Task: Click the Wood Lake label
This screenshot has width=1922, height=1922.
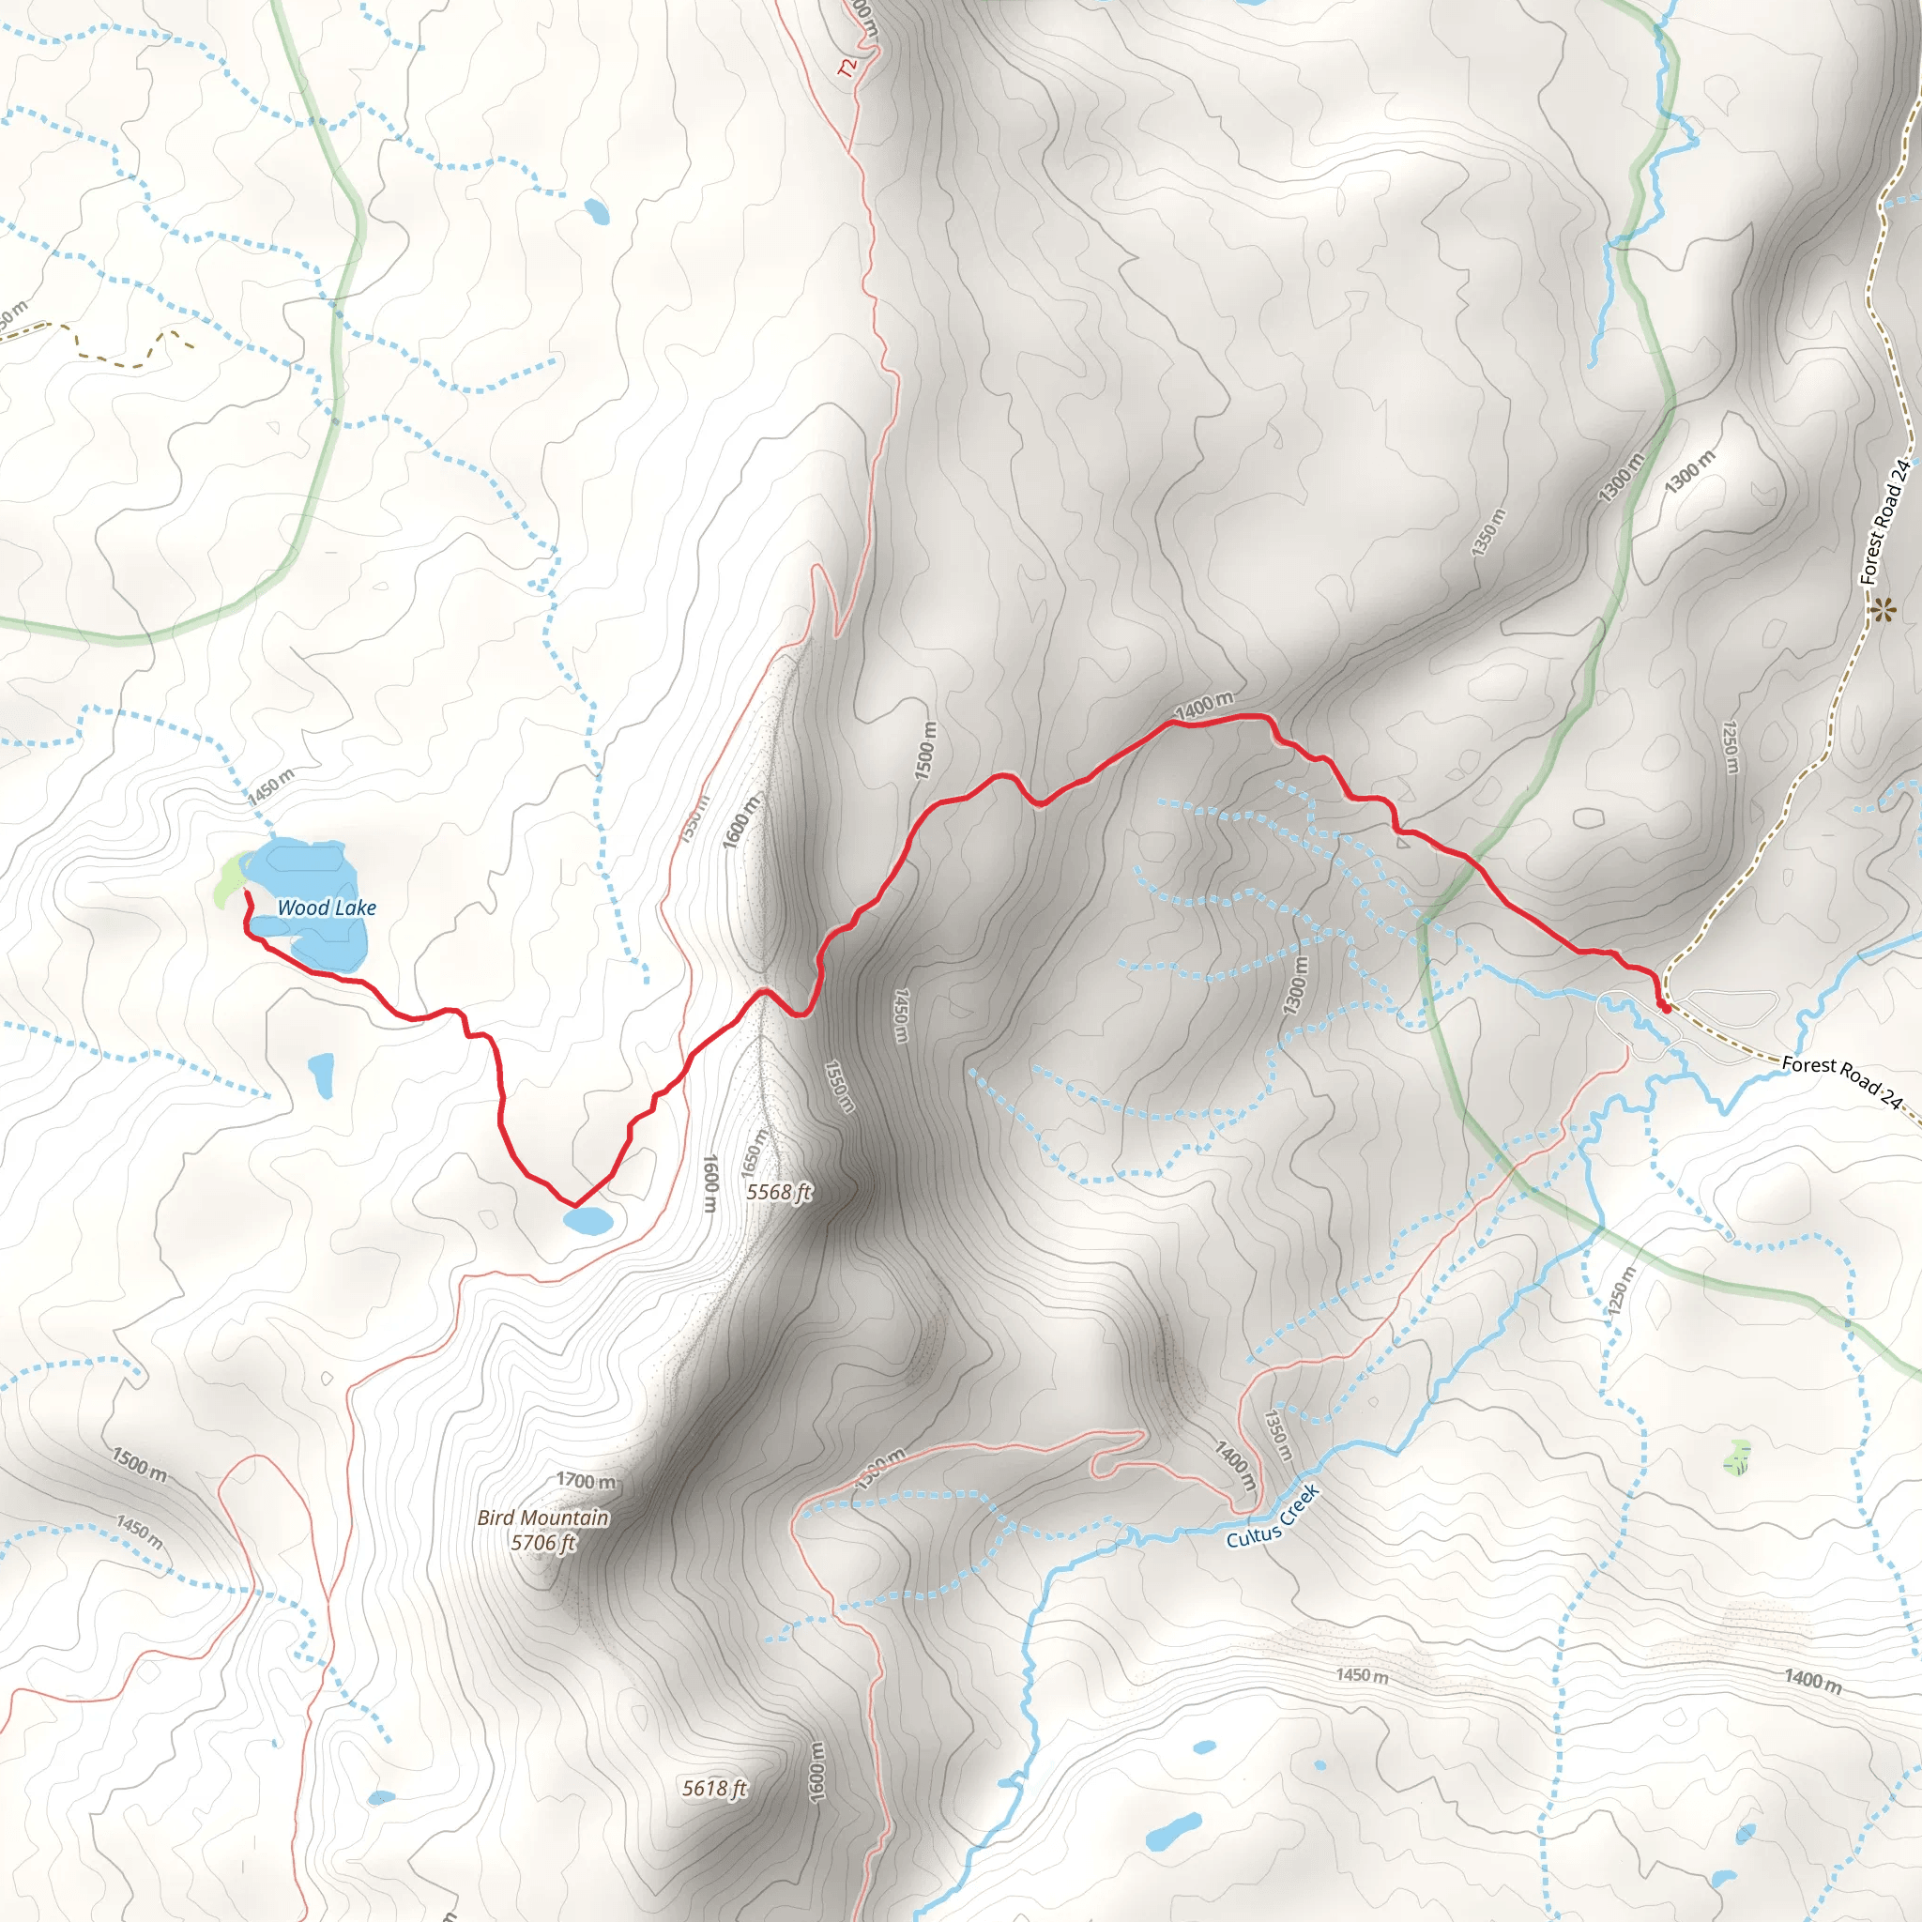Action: coord(327,908)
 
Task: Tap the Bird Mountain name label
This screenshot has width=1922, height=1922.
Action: coord(542,1518)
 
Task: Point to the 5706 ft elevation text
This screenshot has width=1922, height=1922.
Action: coord(543,1542)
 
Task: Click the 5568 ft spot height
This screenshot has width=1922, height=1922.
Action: coord(779,1191)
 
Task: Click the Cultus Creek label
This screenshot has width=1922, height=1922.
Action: coord(1273,1517)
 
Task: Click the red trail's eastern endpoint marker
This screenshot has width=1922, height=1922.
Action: coord(1664,1007)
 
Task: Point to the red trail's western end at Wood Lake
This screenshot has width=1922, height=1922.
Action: coord(246,893)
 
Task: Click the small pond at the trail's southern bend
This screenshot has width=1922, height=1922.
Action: coord(587,1220)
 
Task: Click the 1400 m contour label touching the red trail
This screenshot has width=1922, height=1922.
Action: coord(1204,706)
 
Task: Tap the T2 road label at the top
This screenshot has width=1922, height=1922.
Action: coord(847,68)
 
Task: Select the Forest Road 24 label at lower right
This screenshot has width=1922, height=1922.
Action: coord(1841,1080)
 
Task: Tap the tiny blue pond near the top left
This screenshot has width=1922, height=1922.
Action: coord(596,211)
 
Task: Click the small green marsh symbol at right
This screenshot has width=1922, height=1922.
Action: coord(1737,1458)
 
